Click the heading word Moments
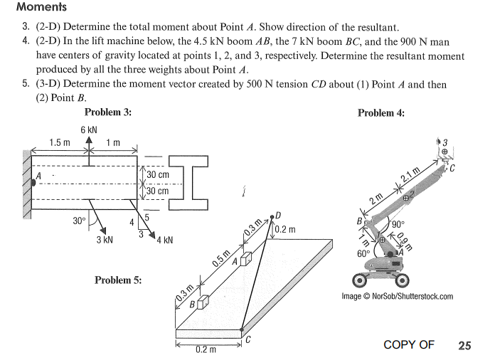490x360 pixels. [x=41, y=8]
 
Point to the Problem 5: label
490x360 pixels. [x=117, y=280]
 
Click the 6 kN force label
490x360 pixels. [x=89, y=129]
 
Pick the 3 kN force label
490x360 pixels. [x=104, y=240]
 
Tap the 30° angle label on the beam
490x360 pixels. [x=80, y=221]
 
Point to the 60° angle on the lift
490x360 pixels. [x=363, y=253]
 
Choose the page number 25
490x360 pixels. [x=464, y=346]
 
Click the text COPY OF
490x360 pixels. [x=408, y=345]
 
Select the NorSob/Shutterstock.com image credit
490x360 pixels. [x=397, y=297]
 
